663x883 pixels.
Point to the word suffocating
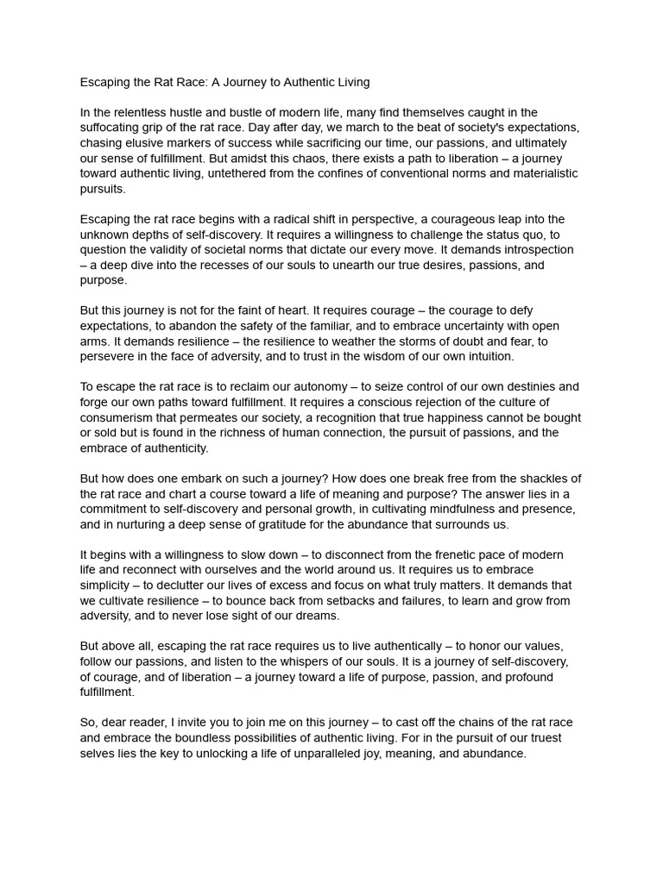115,128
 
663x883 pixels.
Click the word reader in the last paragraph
148,723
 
